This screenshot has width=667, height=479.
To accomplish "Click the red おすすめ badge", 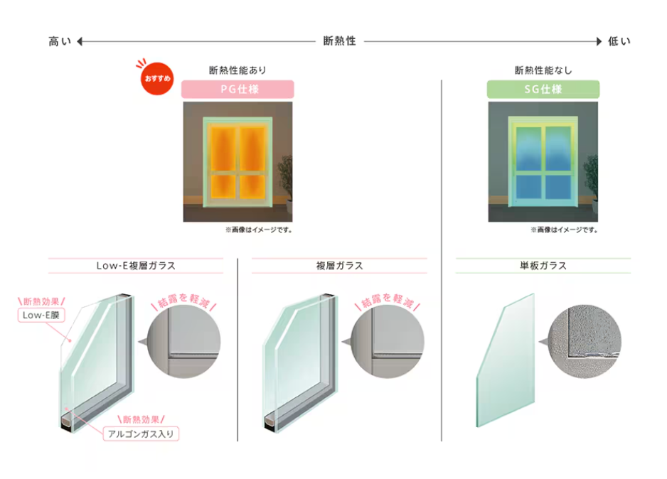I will tap(156, 76).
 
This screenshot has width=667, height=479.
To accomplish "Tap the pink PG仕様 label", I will tap(238, 90).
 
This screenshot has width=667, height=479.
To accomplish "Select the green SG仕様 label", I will tap(543, 90).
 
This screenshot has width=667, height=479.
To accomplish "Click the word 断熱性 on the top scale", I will tap(339, 41).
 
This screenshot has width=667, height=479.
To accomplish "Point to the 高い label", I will tap(60, 41).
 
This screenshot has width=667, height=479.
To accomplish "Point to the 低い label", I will tap(619, 41).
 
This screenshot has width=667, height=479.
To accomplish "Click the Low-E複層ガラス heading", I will tap(136, 266).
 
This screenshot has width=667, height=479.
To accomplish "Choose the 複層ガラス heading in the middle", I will tap(339, 266).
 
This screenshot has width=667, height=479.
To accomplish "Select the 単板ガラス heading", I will tap(543, 266).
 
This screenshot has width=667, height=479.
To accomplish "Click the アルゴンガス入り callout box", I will tap(142, 433).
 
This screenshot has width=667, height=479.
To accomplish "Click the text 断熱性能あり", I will tap(238, 70).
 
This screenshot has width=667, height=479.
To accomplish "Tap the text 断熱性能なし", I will tap(543, 70).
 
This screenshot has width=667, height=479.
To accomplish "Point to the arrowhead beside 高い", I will tap(81, 41).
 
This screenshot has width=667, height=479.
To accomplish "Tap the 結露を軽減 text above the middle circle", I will tap(387, 301).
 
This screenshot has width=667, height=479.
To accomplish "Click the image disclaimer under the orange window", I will tap(259, 230).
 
